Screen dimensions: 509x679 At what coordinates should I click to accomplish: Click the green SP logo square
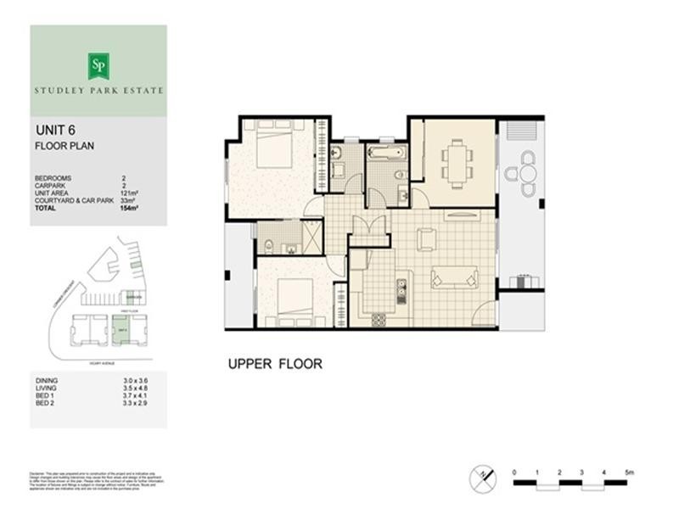coord(98,64)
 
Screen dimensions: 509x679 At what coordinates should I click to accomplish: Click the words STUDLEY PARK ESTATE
coord(98,89)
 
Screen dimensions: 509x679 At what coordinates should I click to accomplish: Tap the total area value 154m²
coord(129,207)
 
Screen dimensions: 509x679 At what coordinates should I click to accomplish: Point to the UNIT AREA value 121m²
coord(129,193)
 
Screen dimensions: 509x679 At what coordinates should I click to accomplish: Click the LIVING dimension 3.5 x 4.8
coord(134,387)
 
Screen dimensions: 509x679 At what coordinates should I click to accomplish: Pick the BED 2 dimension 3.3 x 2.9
coord(134,402)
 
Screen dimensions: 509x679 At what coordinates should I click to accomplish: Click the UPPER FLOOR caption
coord(274,364)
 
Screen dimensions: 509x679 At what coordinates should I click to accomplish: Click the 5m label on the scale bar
coord(629,470)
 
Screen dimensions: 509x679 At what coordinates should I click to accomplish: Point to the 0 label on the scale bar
coord(515,470)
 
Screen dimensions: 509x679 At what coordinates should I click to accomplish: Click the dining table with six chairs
coord(459,163)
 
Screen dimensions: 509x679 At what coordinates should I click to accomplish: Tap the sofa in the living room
coord(453,276)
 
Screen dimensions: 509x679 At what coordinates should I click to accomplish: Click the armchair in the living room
coord(426,239)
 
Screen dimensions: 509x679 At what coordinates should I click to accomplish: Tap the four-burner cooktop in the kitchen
coord(379,319)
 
